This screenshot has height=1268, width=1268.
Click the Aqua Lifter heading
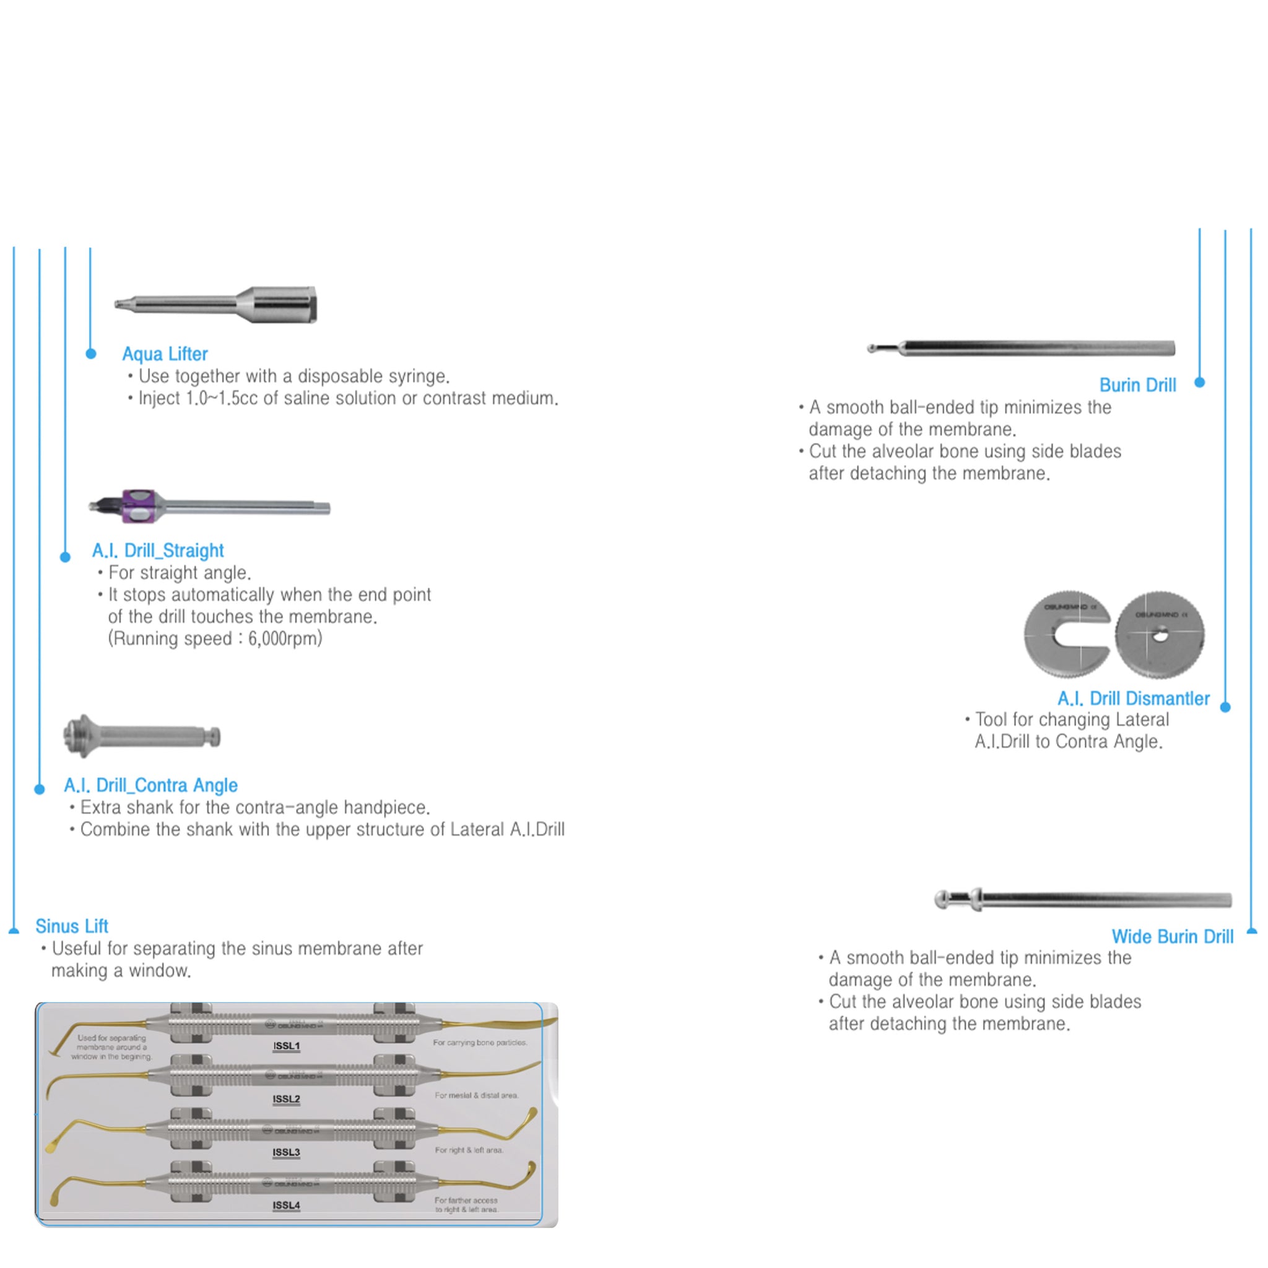tap(165, 354)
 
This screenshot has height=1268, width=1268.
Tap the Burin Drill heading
tap(1137, 385)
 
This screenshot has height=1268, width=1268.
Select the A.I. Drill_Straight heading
tap(157, 550)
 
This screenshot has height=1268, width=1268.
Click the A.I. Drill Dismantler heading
tap(1134, 698)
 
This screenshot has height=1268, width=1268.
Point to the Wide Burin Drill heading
tap(1172, 937)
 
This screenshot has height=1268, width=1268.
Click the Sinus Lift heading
tap(72, 926)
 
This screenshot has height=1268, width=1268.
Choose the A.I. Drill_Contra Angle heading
tap(150, 785)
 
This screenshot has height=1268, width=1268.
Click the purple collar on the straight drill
tap(139, 506)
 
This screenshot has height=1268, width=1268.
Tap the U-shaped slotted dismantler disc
tap(1066, 633)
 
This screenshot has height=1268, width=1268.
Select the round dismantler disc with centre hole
tap(1160, 634)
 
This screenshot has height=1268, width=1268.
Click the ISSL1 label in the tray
tap(286, 1046)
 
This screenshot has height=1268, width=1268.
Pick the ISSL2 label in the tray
tap(286, 1099)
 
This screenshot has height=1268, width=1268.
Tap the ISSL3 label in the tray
tap(286, 1152)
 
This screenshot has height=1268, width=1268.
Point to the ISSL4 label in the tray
tap(286, 1205)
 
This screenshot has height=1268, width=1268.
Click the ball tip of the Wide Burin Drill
tap(942, 899)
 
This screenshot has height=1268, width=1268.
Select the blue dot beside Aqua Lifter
tap(91, 354)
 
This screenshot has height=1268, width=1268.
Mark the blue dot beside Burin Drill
tap(1200, 383)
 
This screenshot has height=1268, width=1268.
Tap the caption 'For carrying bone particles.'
tap(480, 1042)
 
